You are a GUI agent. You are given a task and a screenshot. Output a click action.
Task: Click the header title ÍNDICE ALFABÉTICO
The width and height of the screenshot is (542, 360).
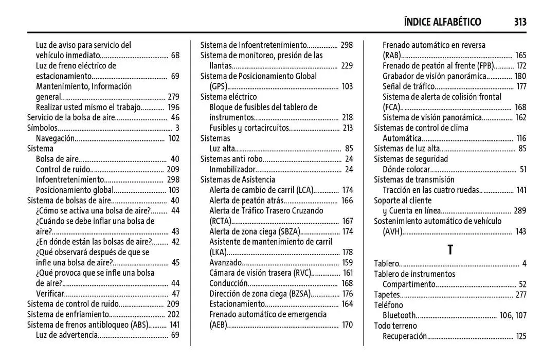tap(442, 22)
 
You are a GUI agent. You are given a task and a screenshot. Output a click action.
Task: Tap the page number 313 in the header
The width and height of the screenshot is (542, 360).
tap(519, 22)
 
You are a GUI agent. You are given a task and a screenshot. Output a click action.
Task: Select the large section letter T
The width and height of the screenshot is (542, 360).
tap(450, 250)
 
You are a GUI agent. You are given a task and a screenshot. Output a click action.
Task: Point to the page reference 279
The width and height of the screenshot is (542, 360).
tap(173, 97)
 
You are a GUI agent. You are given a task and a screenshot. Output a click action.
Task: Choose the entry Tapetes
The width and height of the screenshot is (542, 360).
tap(386, 295)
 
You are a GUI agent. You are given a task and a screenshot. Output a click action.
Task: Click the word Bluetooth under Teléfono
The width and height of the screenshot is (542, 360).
tap(399, 315)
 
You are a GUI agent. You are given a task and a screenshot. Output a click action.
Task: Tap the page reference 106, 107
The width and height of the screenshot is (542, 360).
tap(513, 315)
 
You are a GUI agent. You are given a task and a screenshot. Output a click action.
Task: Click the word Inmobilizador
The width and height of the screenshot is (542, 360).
tap(232, 169)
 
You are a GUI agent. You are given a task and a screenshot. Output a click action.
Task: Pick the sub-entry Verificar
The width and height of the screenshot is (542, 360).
tap(50, 294)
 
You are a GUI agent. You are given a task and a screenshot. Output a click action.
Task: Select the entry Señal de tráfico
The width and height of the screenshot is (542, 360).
tap(408, 86)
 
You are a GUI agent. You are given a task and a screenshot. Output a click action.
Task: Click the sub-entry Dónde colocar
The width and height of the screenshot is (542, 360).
tap(406, 169)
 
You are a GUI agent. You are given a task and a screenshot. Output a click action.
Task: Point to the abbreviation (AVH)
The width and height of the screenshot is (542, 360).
tap(392, 231)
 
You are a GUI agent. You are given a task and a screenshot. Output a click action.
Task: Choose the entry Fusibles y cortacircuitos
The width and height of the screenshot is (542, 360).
tap(249, 128)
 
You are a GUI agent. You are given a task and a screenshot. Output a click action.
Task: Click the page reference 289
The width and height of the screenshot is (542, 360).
tap(520, 211)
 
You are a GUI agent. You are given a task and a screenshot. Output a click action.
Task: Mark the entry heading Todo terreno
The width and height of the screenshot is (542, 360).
tap(395, 326)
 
